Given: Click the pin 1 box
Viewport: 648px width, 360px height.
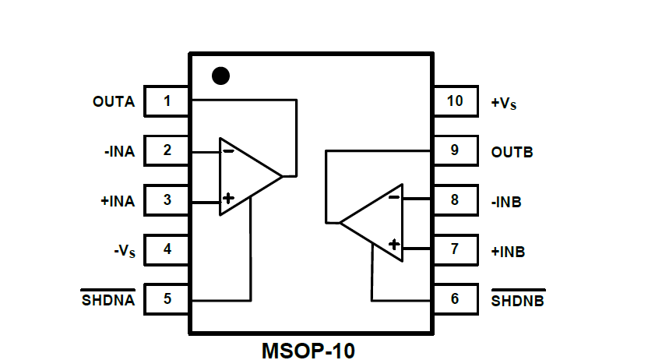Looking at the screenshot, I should click(x=167, y=101).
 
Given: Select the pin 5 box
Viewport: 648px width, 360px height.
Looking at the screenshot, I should click(x=167, y=299).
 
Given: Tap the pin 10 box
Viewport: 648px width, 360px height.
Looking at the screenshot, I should click(x=455, y=101).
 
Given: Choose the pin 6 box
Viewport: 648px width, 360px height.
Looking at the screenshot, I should click(x=455, y=299).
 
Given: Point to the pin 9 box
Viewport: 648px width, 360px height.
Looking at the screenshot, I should click(x=455, y=150).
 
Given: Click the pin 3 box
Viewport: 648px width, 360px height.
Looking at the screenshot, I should click(x=167, y=200).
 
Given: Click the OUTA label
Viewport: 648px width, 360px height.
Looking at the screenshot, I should click(x=114, y=102).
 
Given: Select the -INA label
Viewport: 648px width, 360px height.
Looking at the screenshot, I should click(x=118, y=151).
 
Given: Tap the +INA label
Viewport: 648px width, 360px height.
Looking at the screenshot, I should click(x=117, y=201).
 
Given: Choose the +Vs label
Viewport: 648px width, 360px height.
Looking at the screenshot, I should click(x=504, y=102).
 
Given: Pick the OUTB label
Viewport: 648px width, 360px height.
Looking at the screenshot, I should click(x=512, y=152).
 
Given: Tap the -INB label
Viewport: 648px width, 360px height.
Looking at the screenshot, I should click(x=506, y=202).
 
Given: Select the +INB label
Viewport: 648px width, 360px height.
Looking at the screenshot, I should click(x=508, y=252).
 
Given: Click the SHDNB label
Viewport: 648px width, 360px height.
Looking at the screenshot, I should click(x=518, y=301).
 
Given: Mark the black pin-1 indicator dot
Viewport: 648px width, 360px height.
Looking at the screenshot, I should click(x=221, y=76).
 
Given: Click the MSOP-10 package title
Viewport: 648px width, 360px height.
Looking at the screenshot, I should click(x=308, y=349).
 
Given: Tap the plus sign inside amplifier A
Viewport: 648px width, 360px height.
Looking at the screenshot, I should click(x=227, y=198).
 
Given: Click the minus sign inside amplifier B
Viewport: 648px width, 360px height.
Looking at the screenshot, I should click(x=394, y=197).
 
